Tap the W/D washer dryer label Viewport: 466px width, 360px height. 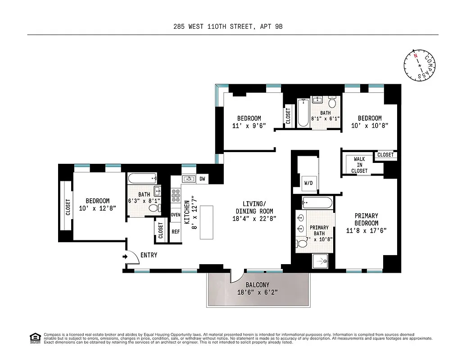pyautogui.click(x=308, y=183)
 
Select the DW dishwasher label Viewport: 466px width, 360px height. pyautogui.click(x=202, y=179)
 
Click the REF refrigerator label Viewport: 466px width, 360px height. pyautogui.click(x=176, y=232)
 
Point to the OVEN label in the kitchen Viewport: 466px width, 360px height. pyautogui.click(x=176, y=215)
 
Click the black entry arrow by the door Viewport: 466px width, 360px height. pyautogui.click(x=124, y=257)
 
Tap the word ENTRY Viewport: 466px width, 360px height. pyautogui.click(x=149, y=255)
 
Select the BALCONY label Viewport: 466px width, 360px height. pyautogui.click(x=258, y=285)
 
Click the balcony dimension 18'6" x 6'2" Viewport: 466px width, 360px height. pyautogui.click(x=258, y=292)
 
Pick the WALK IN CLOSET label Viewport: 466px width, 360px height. pyautogui.click(x=359, y=165)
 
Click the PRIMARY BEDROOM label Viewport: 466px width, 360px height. pyautogui.click(x=366, y=220)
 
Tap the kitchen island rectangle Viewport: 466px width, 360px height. pyautogui.click(x=206, y=222)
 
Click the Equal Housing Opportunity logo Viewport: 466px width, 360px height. pyautogui.click(x=34, y=338)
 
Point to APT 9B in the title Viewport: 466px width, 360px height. pyautogui.click(x=271, y=27)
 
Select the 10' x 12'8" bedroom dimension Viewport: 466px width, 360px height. pyautogui.click(x=98, y=208)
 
